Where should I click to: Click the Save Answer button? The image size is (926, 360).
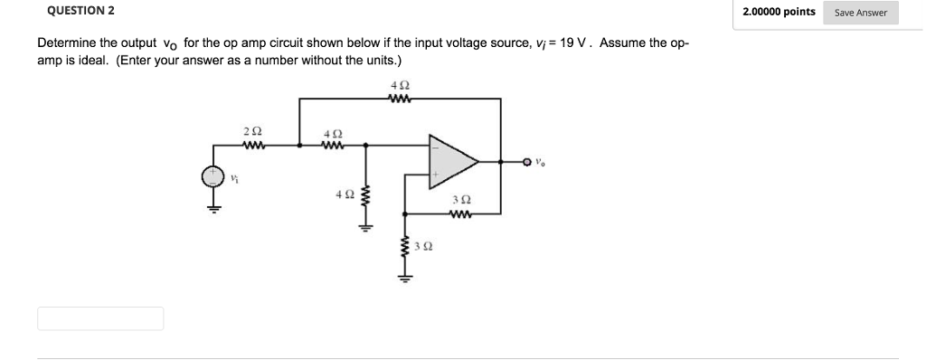[x=860, y=13]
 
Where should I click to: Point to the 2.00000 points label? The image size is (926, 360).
[x=779, y=12]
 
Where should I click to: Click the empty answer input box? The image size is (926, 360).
[x=100, y=318]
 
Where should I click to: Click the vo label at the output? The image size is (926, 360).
[x=540, y=164]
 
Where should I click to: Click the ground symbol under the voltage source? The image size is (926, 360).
[x=213, y=206]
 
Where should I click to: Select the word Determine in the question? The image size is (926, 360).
[x=66, y=43]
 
